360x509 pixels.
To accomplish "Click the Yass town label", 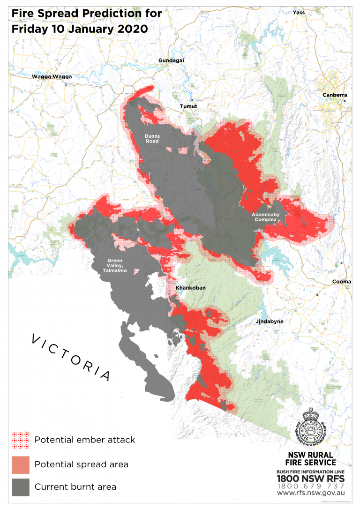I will tap(298, 13).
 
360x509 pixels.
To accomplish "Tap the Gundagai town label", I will tap(171, 61).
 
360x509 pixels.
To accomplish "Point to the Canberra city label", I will tap(335, 95).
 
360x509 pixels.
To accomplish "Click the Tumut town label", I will tap(188, 107).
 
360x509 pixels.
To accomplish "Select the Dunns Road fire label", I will tap(152, 139).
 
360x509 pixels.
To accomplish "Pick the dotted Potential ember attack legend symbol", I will tap(21, 440).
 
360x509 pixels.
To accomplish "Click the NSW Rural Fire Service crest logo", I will tap(310, 429).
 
